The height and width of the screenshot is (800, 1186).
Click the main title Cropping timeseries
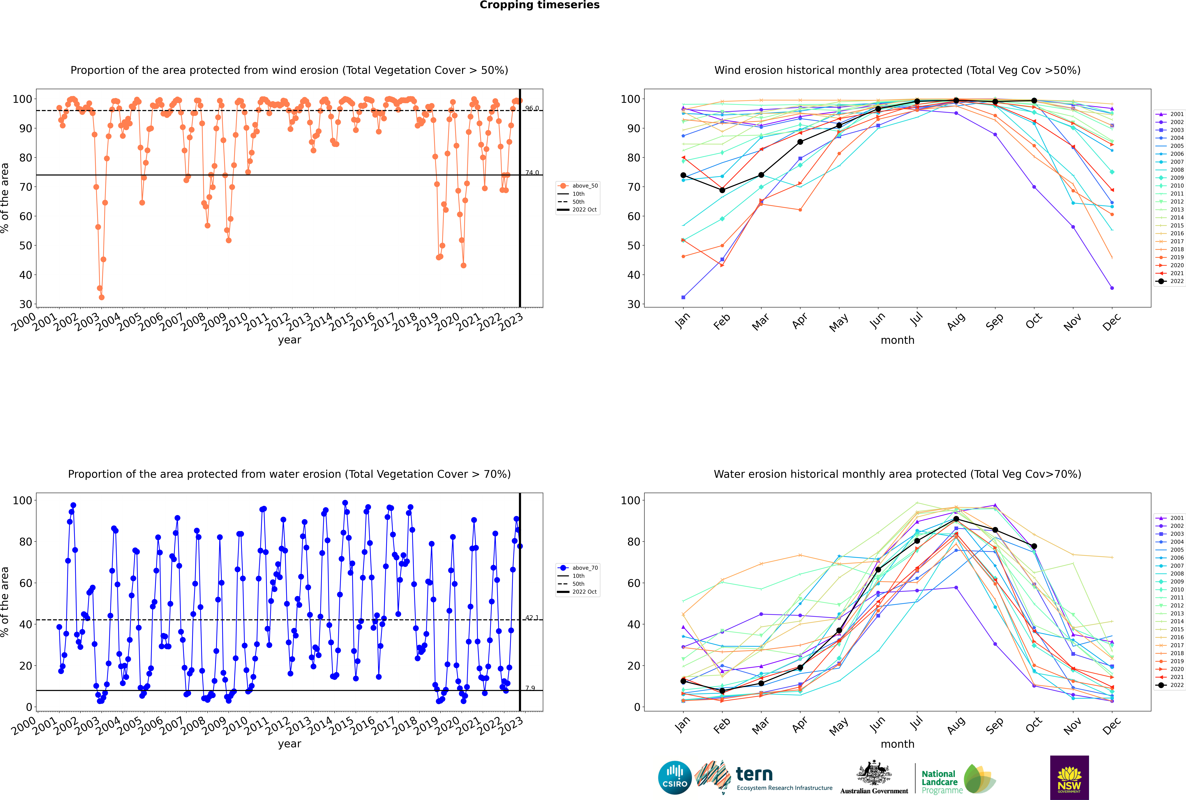click(539, 5)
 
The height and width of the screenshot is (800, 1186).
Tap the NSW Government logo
click(1069, 778)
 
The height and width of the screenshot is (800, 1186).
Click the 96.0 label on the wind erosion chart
click(532, 108)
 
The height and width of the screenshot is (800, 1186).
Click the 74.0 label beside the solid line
click(532, 172)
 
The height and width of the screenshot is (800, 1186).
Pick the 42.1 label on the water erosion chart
click(532, 617)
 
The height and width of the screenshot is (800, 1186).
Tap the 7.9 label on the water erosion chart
click(530, 688)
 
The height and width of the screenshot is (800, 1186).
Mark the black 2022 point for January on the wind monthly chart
click(683, 175)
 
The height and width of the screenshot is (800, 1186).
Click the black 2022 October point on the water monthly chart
click(1034, 546)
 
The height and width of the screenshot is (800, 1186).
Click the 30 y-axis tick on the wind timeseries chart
click(25, 304)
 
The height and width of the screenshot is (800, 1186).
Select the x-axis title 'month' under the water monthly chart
click(897, 744)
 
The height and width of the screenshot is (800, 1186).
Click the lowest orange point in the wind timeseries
click(101, 297)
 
